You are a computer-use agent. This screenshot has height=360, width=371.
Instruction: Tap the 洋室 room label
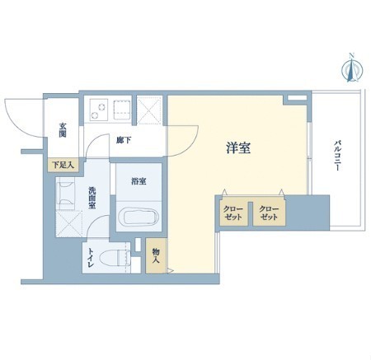(x=238, y=148)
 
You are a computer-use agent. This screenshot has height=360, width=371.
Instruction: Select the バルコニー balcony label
(x=337, y=156)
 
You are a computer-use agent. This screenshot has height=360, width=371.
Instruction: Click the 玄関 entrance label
(x=63, y=130)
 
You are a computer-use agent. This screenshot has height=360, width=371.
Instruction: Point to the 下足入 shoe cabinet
(x=63, y=165)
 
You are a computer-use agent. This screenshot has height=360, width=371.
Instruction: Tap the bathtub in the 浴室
(x=139, y=217)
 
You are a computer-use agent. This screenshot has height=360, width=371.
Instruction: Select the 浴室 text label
(x=139, y=181)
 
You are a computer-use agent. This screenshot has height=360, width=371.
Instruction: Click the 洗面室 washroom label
(x=92, y=198)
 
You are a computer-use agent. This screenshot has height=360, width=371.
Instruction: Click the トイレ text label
(x=91, y=258)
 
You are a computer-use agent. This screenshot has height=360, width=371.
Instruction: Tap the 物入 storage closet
(x=156, y=255)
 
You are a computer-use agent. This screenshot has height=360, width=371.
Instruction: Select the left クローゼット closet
(x=233, y=213)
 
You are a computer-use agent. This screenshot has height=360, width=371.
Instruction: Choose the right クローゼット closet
(x=269, y=213)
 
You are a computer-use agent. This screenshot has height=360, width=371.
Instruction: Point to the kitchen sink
(x=122, y=110)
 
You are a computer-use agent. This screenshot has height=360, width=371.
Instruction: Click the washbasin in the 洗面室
(x=65, y=194)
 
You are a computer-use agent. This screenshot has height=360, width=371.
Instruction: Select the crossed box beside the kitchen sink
(x=149, y=110)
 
